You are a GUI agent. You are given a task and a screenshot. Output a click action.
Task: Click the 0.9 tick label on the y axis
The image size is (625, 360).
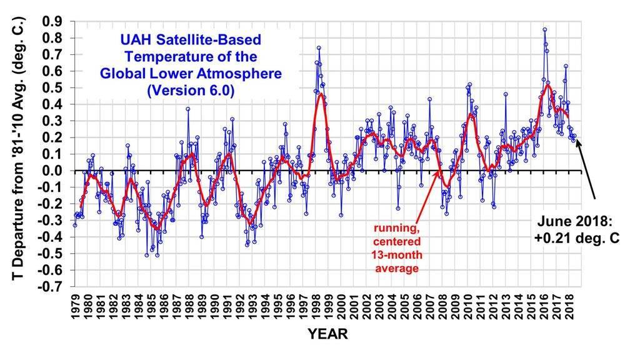tap(51, 21)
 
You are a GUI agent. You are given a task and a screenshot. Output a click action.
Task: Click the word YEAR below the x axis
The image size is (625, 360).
tap(327, 334)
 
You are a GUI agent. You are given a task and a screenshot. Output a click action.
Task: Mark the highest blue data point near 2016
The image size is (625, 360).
tap(545, 29)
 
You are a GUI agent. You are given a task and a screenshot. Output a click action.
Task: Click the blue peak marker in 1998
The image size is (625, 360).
tap(319, 47)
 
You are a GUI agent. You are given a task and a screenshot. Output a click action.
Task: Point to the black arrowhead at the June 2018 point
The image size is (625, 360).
tap(577, 141)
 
